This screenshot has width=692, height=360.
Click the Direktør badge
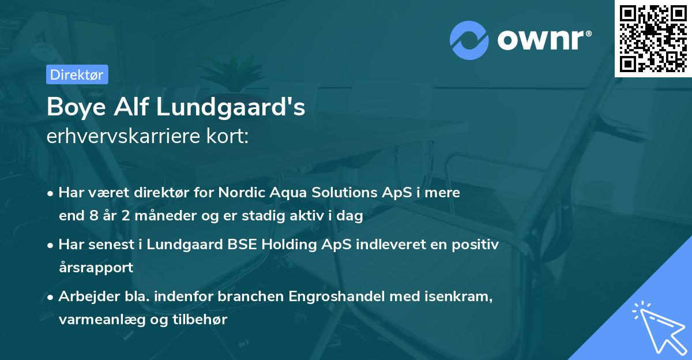click(77, 74)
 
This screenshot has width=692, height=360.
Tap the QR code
click(653, 38)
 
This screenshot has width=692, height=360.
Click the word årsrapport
click(96, 268)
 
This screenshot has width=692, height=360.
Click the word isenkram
click(456, 297)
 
